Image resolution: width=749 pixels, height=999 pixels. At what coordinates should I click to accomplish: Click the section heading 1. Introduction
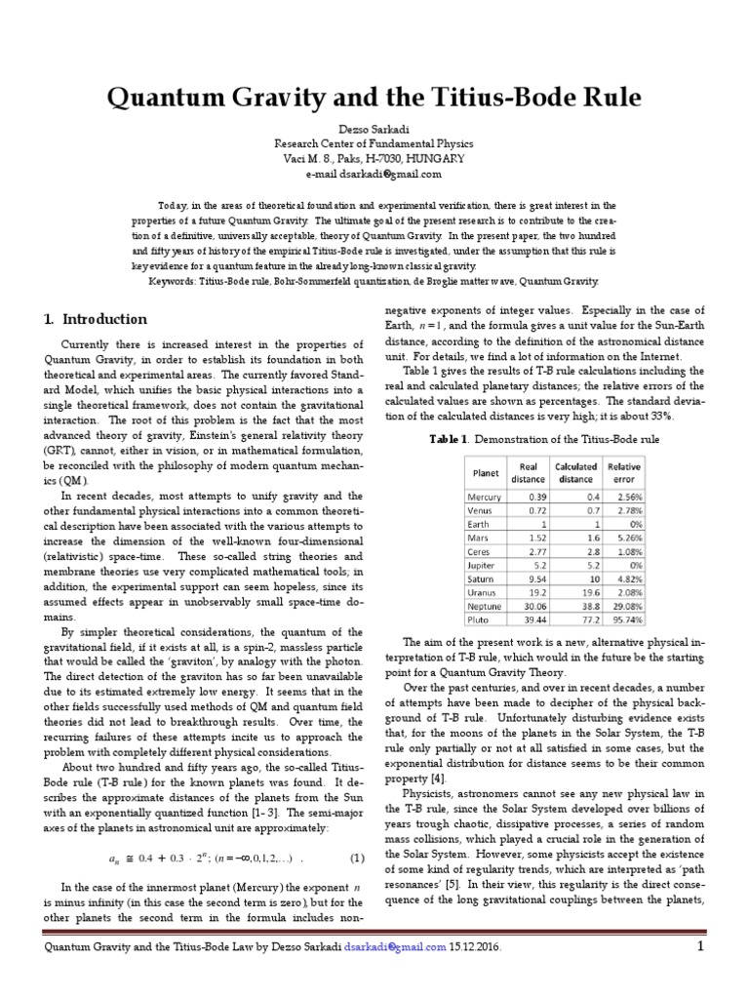point(96,319)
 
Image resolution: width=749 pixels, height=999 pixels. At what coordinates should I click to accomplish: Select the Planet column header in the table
point(485,472)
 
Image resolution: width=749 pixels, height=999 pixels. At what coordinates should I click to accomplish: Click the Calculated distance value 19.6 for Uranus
point(575,591)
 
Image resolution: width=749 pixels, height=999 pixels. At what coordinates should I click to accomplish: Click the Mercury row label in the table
point(485,497)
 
